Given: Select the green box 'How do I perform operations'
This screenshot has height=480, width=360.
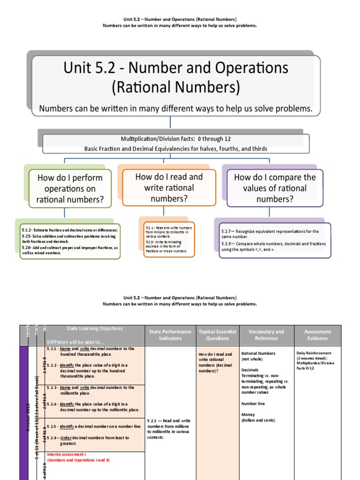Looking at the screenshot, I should point(70,188).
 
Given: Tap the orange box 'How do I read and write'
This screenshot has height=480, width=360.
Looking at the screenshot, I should point(169,187).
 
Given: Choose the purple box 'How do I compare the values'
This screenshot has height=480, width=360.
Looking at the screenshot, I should point(275,188).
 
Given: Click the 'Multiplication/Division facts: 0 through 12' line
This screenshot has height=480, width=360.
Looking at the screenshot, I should point(176,139).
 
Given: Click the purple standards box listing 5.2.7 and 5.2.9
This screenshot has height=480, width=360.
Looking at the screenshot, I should point(275,240).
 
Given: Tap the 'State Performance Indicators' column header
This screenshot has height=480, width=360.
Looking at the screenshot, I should point(170,335).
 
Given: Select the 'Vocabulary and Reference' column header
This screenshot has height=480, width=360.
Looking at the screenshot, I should point(266,335).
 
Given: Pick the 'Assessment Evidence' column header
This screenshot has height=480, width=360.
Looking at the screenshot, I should point(317,335).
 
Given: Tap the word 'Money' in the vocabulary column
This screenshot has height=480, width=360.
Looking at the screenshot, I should point(248,415).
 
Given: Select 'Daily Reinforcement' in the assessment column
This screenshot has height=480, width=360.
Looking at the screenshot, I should point(314,353).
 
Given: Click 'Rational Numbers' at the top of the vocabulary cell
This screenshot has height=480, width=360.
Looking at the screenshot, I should point(258,353).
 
